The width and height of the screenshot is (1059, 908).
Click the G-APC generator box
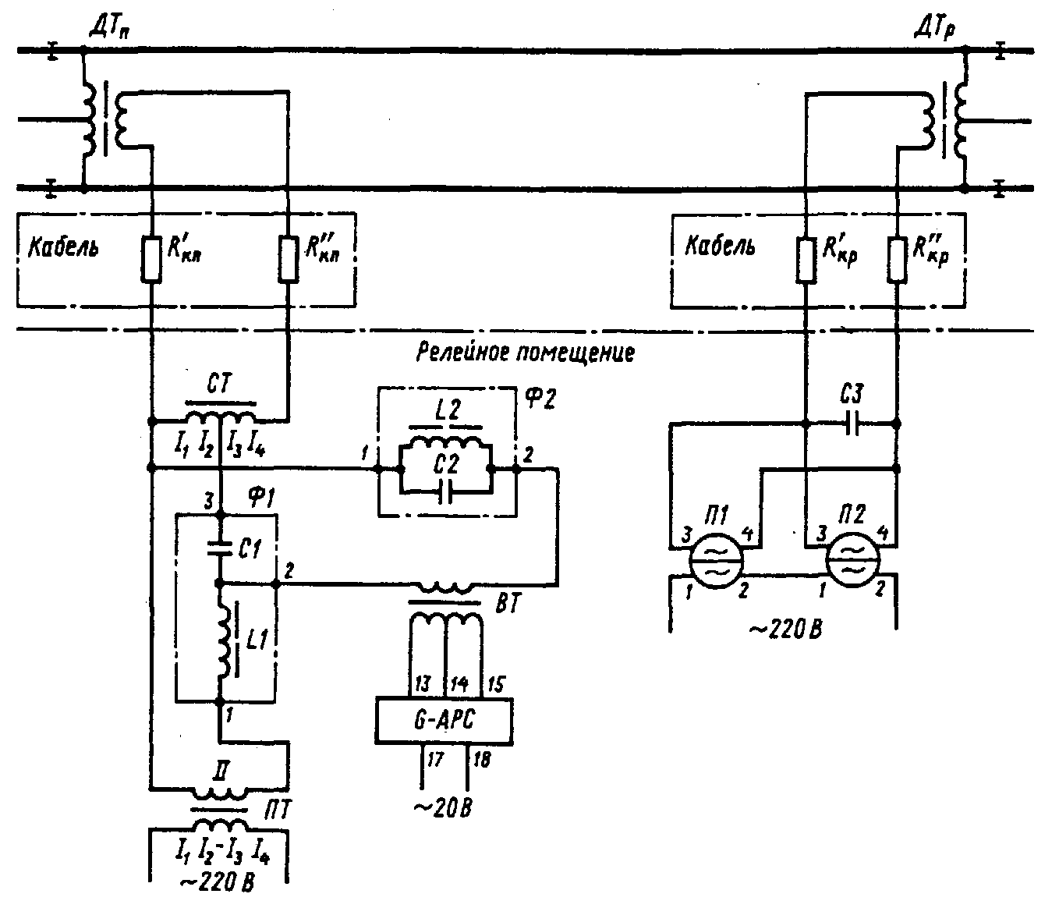tap(444, 719)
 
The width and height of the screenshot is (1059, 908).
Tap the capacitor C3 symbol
tap(852, 424)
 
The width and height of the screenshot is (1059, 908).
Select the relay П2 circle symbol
tap(852, 559)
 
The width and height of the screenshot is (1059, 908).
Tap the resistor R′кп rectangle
tap(151, 259)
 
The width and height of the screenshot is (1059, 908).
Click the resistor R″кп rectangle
tap(289, 259)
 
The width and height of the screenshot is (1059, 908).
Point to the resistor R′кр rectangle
tap(806, 259)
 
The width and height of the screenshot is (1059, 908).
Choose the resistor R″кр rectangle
tap(897, 259)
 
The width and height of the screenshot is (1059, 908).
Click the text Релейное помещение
tap(525, 352)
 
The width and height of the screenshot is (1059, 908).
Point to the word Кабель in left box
tap(63, 247)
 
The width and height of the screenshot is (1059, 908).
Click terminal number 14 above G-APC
tap(459, 684)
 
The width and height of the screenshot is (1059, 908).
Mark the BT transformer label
tap(507, 605)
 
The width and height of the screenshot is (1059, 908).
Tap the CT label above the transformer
tap(219, 383)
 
